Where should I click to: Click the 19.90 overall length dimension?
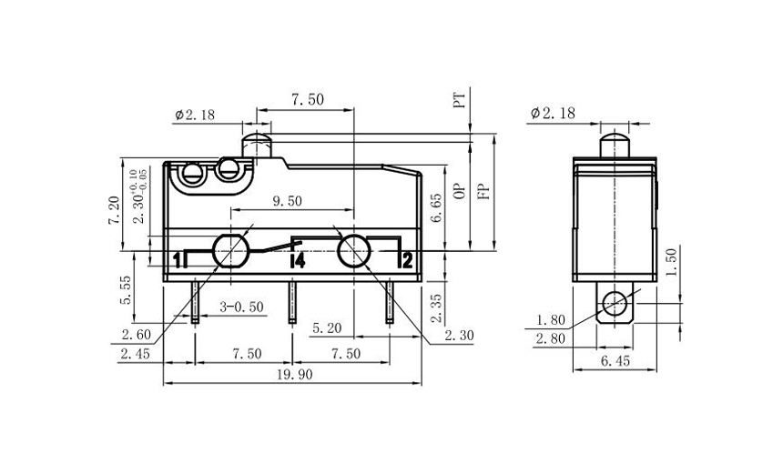pyautogui.click(x=291, y=374)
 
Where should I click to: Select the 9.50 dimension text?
pyautogui.click(x=287, y=202)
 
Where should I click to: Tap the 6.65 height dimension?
pyautogui.click(x=437, y=207)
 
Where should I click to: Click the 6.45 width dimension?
pyautogui.click(x=615, y=362)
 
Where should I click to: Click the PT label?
pyautogui.click(x=460, y=99)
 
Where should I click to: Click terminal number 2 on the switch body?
pyautogui.click(x=407, y=261)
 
